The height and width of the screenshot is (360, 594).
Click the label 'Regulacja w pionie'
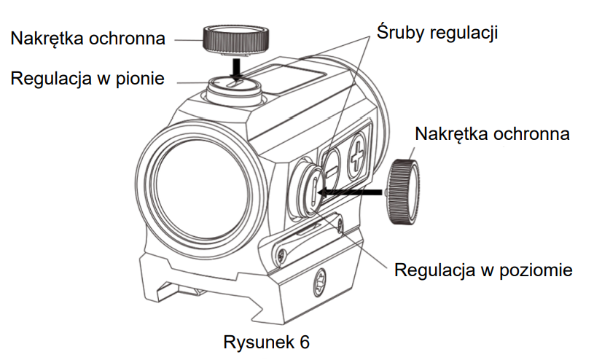click(87, 78)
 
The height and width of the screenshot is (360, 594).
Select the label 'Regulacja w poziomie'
click(483, 270)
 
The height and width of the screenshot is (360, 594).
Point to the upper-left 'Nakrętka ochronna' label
click(88, 37)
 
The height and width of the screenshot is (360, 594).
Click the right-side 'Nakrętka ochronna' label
click(492, 134)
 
